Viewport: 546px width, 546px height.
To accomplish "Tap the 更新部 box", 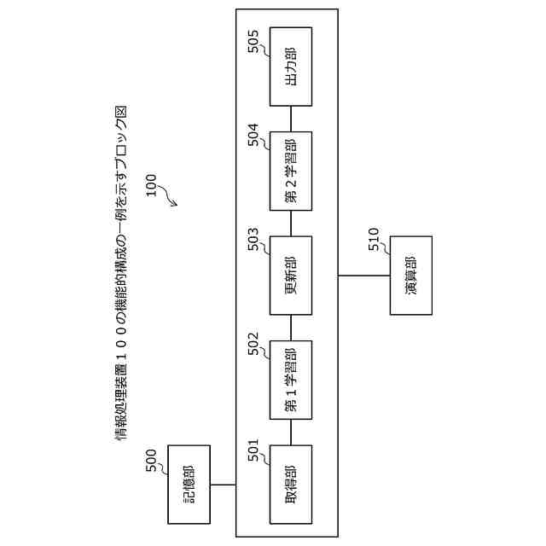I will [x=290, y=275].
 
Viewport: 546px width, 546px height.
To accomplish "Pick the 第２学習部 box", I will [x=290, y=171].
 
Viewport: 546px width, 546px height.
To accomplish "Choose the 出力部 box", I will [x=290, y=66].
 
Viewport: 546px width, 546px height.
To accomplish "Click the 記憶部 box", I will [x=189, y=484].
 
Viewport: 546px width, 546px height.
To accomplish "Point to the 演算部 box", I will [x=411, y=275].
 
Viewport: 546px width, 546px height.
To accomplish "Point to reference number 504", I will [x=253, y=139].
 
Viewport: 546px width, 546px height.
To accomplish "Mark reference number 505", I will [x=253, y=43].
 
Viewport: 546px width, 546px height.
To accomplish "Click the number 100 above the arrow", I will [x=151, y=187].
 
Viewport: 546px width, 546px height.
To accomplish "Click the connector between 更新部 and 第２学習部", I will [x=290, y=223].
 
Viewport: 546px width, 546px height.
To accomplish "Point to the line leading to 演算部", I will [x=364, y=275].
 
